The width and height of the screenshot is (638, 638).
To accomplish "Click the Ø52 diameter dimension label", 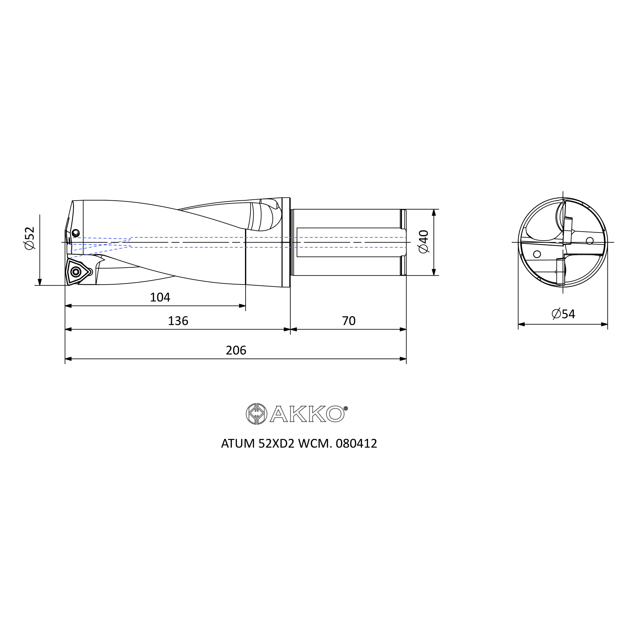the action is click(29, 238).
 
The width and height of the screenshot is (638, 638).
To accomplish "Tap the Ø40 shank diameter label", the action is click(423, 242).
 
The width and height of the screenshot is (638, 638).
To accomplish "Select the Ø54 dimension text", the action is click(563, 314).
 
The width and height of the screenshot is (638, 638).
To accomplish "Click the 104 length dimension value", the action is click(160, 298).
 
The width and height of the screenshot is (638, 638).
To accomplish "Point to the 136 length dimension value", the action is click(178, 321).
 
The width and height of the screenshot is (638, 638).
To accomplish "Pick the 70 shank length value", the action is click(349, 321).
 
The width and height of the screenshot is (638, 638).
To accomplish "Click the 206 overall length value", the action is click(236, 350).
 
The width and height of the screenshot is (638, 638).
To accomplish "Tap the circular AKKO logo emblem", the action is click(256, 414).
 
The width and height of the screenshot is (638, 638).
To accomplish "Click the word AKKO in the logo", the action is click(307, 414).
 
